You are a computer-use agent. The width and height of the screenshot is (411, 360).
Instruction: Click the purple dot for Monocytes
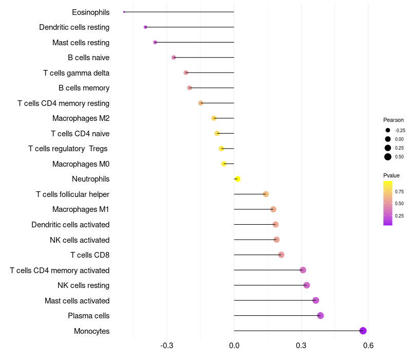(363, 331)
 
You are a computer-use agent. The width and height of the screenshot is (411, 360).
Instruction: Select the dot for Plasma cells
(321, 316)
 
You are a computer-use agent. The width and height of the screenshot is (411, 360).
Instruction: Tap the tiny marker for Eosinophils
(124, 12)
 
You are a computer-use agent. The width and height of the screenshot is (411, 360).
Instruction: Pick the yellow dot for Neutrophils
(237, 179)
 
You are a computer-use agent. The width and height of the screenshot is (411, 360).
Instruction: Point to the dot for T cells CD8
(281, 255)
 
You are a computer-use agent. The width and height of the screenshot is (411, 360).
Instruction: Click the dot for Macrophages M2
(214, 118)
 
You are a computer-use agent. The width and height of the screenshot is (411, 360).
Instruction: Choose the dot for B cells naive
(174, 58)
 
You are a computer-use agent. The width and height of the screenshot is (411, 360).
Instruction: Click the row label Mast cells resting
(81, 43)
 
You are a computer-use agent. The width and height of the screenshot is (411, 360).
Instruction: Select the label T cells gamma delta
(76, 73)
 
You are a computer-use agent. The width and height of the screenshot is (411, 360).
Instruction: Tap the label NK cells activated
(80, 240)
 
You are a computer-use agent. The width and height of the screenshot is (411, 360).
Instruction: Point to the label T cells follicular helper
(72, 194)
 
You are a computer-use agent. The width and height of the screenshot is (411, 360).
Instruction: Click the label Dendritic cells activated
(70, 225)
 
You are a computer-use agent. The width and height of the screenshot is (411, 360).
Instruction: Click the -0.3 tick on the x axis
(167, 346)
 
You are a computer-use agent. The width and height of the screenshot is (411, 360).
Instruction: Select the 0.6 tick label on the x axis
(368, 346)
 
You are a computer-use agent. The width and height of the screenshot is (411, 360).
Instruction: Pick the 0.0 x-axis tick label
(234, 346)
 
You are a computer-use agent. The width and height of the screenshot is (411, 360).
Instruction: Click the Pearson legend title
(394, 120)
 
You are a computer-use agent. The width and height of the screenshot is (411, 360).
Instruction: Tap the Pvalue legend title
(391, 175)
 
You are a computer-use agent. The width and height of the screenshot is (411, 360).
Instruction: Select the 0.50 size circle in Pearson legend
(388, 157)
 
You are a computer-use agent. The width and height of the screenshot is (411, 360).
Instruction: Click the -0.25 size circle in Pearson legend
(388, 131)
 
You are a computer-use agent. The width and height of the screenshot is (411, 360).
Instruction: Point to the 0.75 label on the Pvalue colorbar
(399, 192)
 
